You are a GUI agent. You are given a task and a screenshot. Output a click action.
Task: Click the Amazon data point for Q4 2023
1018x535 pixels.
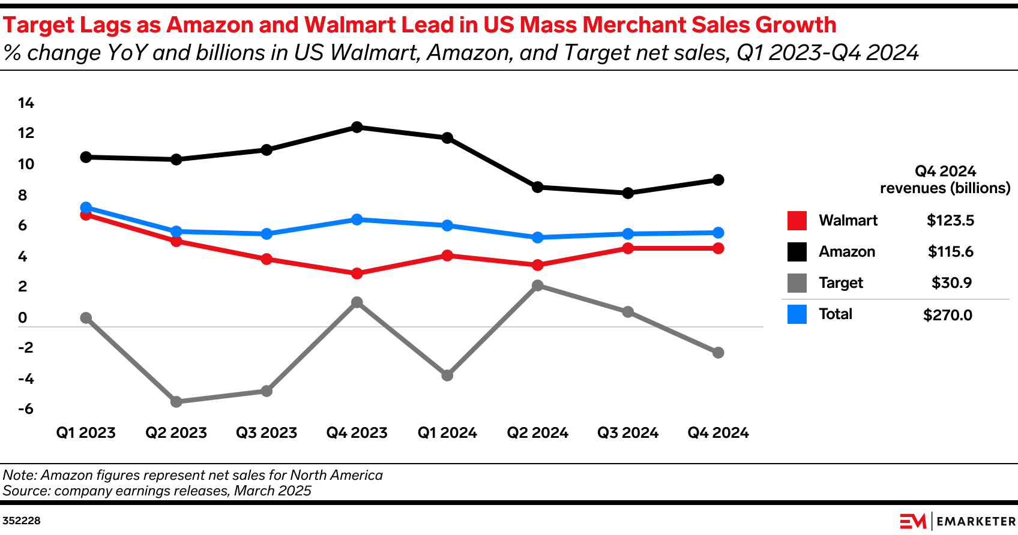pyautogui.click(x=357, y=127)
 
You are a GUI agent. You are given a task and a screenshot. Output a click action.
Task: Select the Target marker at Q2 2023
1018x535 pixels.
pyautogui.click(x=176, y=402)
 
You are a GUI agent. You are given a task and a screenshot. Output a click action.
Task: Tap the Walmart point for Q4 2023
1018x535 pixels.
pyautogui.click(x=357, y=273)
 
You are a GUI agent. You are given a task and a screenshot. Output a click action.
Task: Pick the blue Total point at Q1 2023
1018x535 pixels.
pyautogui.click(x=86, y=208)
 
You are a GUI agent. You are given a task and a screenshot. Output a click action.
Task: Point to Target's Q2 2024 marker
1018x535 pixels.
pyautogui.click(x=538, y=285)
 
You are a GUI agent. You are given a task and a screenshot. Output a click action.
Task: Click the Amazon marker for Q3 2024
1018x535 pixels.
pyautogui.click(x=628, y=193)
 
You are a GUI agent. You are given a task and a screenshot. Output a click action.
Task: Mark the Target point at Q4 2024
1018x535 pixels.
pyautogui.click(x=718, y=353)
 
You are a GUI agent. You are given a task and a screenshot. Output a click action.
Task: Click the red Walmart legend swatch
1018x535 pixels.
pyautogui.click(x=797, y=221)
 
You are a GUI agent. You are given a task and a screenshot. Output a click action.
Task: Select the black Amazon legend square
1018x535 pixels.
pyautogui.click(x=797, y=252)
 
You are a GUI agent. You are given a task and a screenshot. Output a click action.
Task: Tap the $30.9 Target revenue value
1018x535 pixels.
pyautogui.click(x=951, y=282)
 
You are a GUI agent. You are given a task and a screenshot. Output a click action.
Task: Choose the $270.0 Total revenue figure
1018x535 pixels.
pyautogui.click(x=948, y=315)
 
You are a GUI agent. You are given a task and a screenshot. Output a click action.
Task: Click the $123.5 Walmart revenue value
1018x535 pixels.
pyautogui.click(x=950, y=220)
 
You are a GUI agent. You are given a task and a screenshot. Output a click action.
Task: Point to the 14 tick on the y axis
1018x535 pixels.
pyautogui.click(x=26, y=103)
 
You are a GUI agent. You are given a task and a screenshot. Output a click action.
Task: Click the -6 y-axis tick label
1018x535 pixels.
pyautogui.click(x=25, y=409)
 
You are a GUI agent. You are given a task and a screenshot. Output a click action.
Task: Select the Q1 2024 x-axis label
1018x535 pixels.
pyautogui.click(x=447, y=433)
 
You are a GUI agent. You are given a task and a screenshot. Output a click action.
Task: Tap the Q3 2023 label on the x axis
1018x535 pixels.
pyautogui.click(x=267, y=433)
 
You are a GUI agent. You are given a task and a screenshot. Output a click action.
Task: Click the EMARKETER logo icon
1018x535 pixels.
pyautogui.click(x=913, y=521)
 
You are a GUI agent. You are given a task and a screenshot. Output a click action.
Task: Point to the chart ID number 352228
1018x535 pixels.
pyautogui.click(x=22, y=521)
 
